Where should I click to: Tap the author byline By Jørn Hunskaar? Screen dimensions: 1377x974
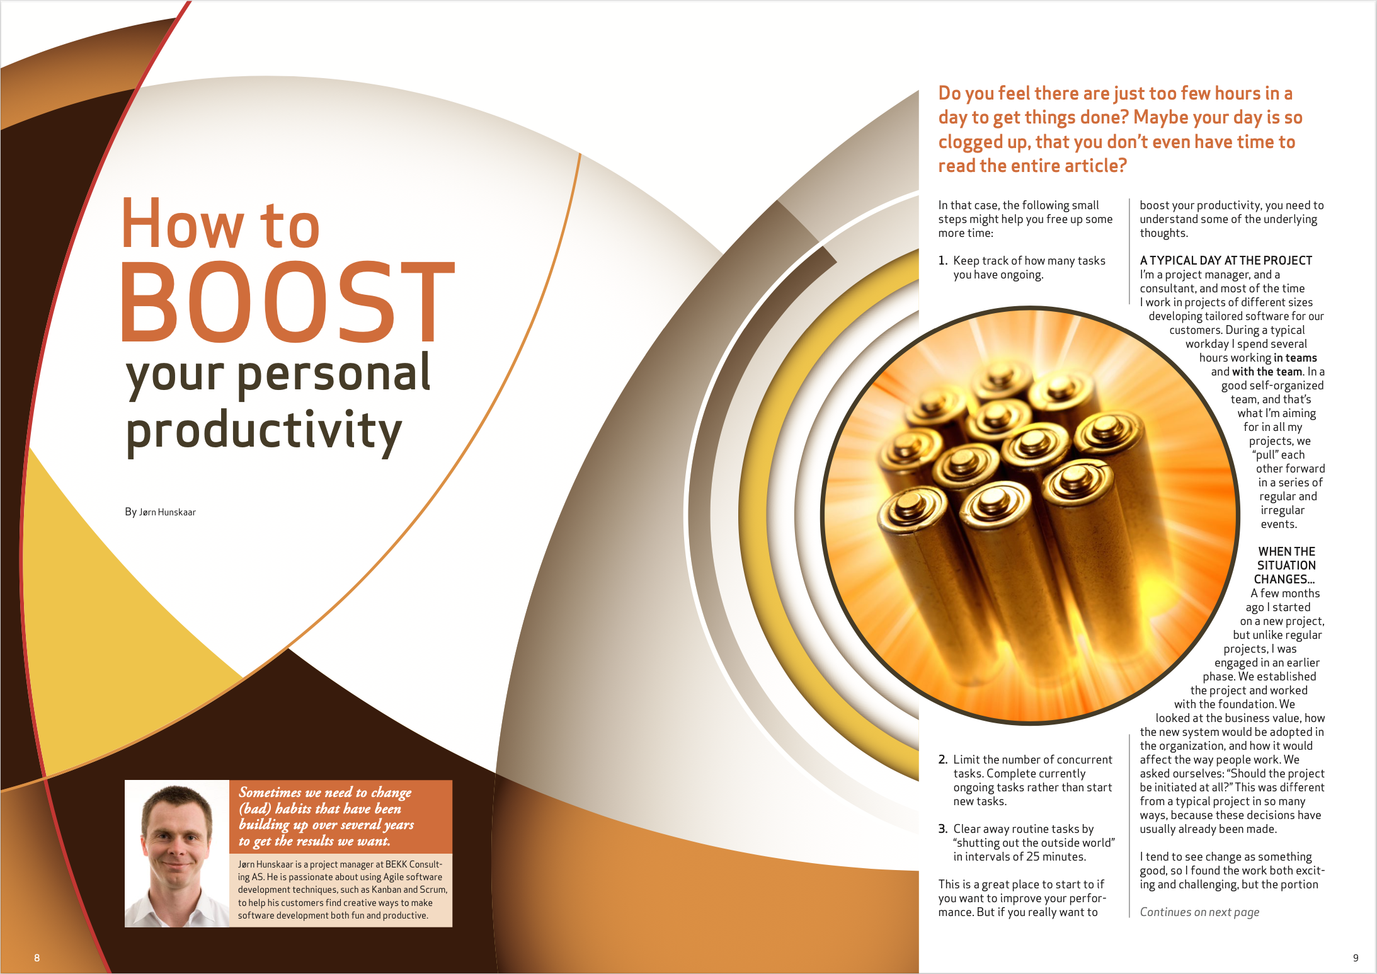(160, 512)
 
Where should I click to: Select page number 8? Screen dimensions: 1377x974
(37, 958)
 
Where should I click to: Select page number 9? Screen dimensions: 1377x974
(1356, 958)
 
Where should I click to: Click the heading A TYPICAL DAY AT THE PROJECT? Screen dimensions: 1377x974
(1226, 260)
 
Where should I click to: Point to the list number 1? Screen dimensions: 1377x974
(942, 260)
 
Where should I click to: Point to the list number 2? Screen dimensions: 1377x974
(943, 759)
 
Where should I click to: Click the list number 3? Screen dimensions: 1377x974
(943, 828)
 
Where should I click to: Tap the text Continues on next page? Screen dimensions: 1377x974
(1199, 912)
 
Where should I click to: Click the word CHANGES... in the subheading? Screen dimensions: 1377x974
(1284, 579)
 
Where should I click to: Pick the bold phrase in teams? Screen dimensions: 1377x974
(1295, 357)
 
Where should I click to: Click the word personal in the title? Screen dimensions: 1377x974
(334, 374)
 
